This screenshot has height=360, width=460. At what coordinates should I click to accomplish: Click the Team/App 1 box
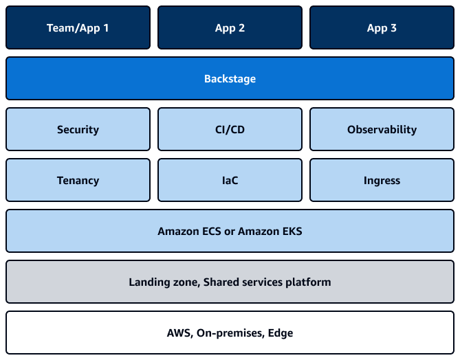click(78, 28)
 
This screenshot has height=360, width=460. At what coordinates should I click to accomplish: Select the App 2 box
click(230, 28)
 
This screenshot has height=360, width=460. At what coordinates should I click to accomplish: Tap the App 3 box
click(382, 28)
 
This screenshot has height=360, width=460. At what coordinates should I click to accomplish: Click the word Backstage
click(230, 79)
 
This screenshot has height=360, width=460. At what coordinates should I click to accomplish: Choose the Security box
click(78, 129)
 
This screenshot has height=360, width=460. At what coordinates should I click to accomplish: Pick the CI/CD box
click(230, 129)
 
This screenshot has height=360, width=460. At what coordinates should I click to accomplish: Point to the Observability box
click(382, 129)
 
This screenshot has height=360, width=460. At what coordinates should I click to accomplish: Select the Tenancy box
click(78, 181)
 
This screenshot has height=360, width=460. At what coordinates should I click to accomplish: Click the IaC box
click(230, 181)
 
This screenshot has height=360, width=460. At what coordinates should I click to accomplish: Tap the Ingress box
click(382, 181)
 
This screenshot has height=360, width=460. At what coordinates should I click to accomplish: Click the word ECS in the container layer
click(210, 232)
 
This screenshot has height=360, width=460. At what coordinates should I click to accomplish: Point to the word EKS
click(289, 232)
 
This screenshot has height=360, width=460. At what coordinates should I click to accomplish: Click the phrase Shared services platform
click(267, 282)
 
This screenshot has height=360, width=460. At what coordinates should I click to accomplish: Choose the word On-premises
click(230, 333)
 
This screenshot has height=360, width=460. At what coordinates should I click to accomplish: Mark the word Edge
click(280, 333)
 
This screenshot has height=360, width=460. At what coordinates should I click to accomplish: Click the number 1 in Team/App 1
click(106, 28)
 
